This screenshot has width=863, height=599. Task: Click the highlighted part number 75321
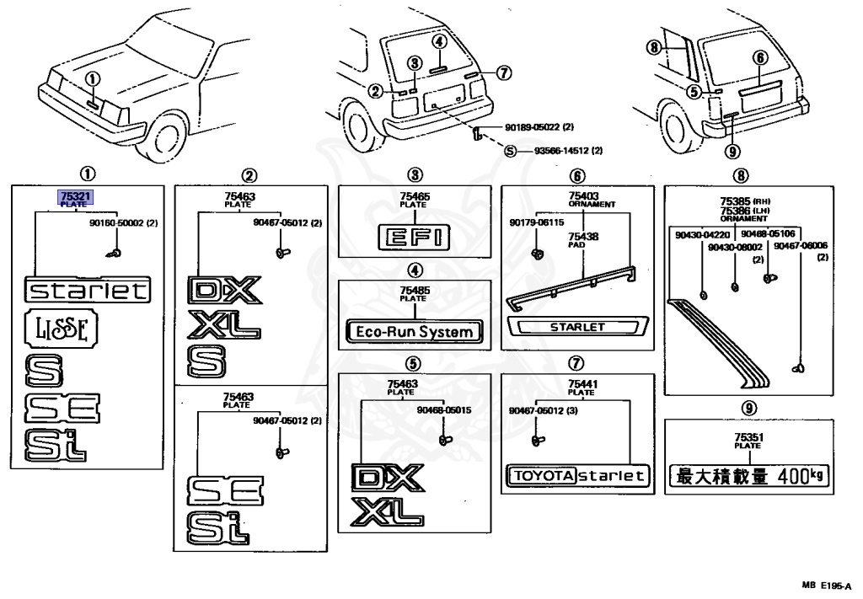pyautogui.click(x=75, y=196)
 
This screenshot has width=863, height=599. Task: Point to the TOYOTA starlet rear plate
pyautogui.click(x=577, y=476)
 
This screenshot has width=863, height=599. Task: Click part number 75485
pyautogui.click(x=413, y=290)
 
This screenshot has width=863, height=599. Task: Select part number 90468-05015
pyautogui.click(x=443, y=410)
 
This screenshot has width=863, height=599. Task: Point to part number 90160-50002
pyautogui.click(x=112, y=225)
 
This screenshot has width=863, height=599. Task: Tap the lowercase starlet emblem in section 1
pyautogui.click(x=88, y=291)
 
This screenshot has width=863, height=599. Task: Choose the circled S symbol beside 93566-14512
pyautogui.click(x=510, y=152)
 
